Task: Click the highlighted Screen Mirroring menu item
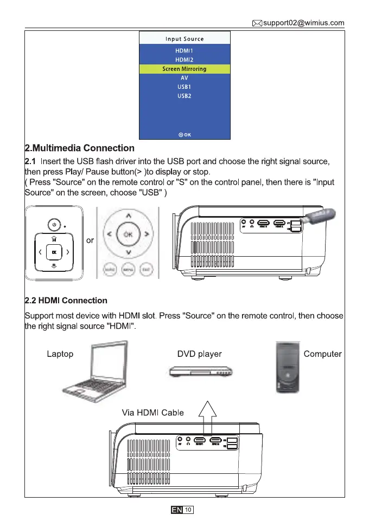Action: coord(184,69)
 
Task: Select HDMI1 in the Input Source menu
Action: coord(184,50)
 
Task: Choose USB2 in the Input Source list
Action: coord(184,96)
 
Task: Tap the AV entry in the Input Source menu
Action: coord(184,78)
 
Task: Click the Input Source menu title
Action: coord(184,39)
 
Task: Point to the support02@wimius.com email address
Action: coord(303,23)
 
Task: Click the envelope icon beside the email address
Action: coord(257,23)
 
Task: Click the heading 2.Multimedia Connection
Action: coord(80,148)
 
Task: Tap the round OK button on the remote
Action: coord(128,234)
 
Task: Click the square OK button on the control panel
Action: coord(53,251)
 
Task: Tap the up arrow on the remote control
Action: coord(128,216)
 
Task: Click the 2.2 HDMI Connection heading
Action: coord(66,300)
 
